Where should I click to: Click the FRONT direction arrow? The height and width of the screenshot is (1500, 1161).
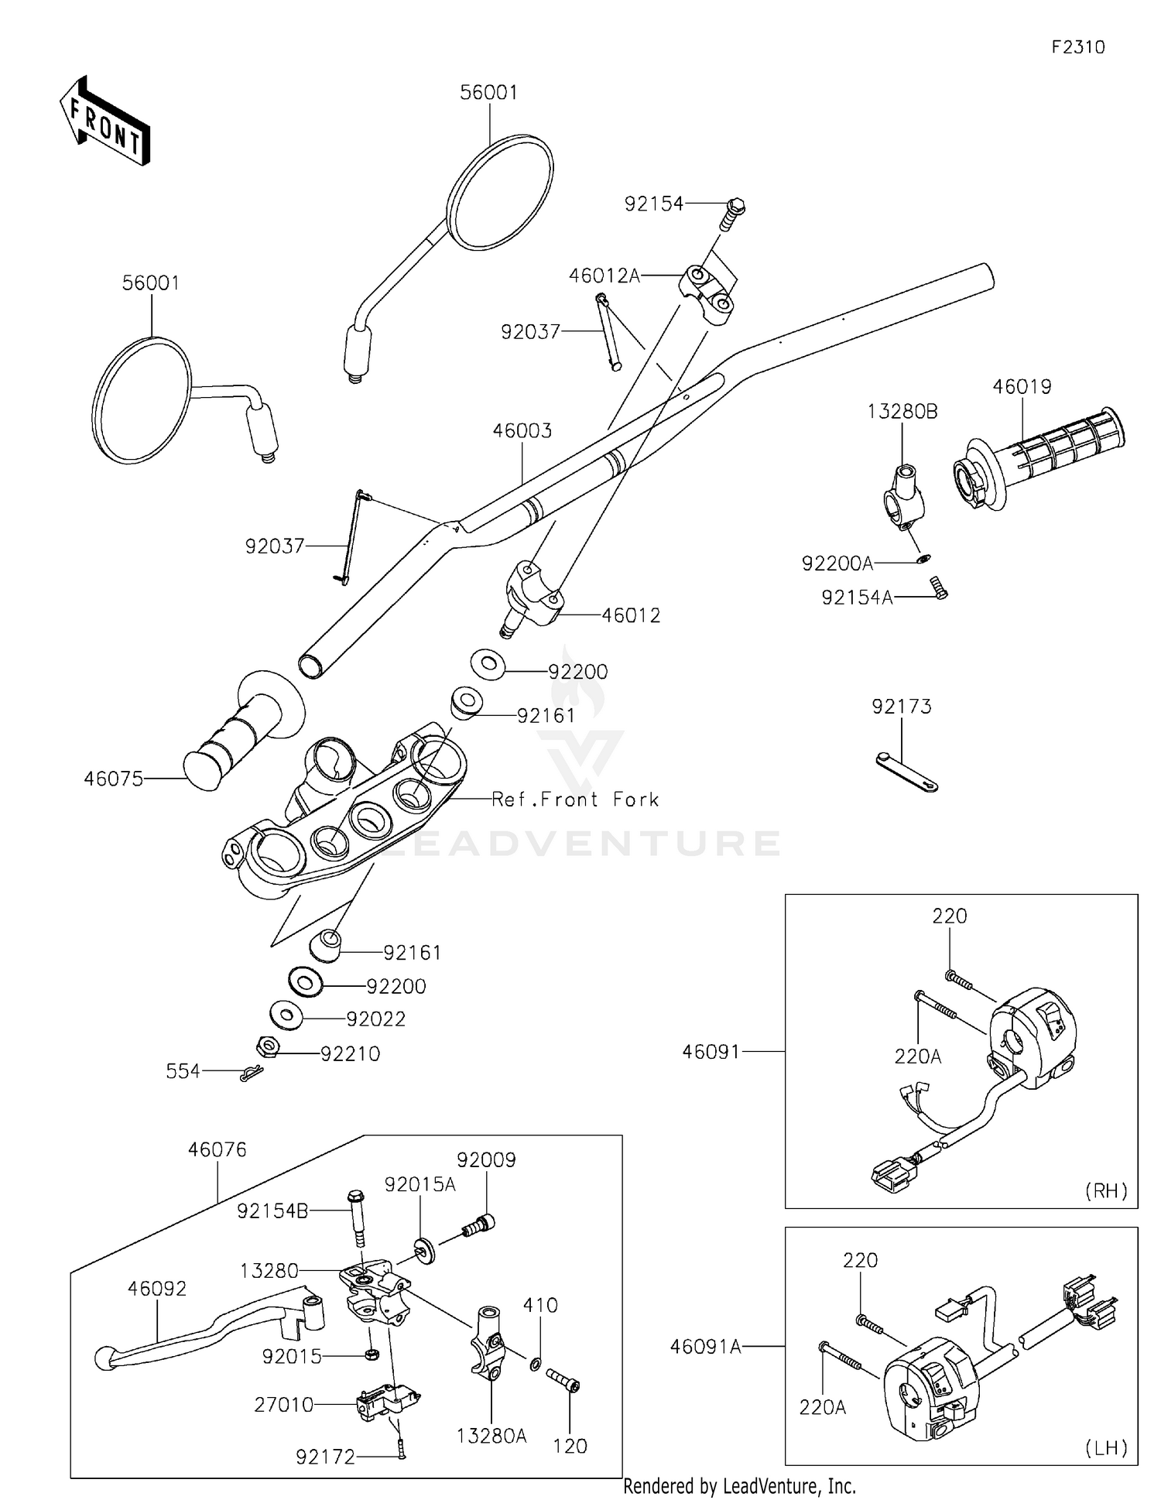[x=104, y=122]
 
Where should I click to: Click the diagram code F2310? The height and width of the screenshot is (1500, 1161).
[x=1078, y=47]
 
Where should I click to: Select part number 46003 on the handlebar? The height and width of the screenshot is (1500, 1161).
[x=522, y=431]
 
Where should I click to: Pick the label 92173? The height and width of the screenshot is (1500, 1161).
[x=902, y=707]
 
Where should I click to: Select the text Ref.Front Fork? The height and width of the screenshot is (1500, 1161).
[x=576, y=800]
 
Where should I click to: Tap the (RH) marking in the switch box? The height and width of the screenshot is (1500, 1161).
[x=1106, y=1190]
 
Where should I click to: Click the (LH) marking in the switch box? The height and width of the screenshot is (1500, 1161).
[x=1106, y=1447]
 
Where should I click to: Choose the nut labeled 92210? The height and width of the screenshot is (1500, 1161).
[x=267, y=1048]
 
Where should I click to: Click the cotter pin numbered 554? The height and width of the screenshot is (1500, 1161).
[x=252, y=1073]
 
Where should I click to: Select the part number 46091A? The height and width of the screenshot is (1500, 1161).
[x=706, y=1347]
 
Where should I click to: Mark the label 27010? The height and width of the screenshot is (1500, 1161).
[x=284, y=1405]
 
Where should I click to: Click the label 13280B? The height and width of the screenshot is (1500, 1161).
[x=902, y=412]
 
